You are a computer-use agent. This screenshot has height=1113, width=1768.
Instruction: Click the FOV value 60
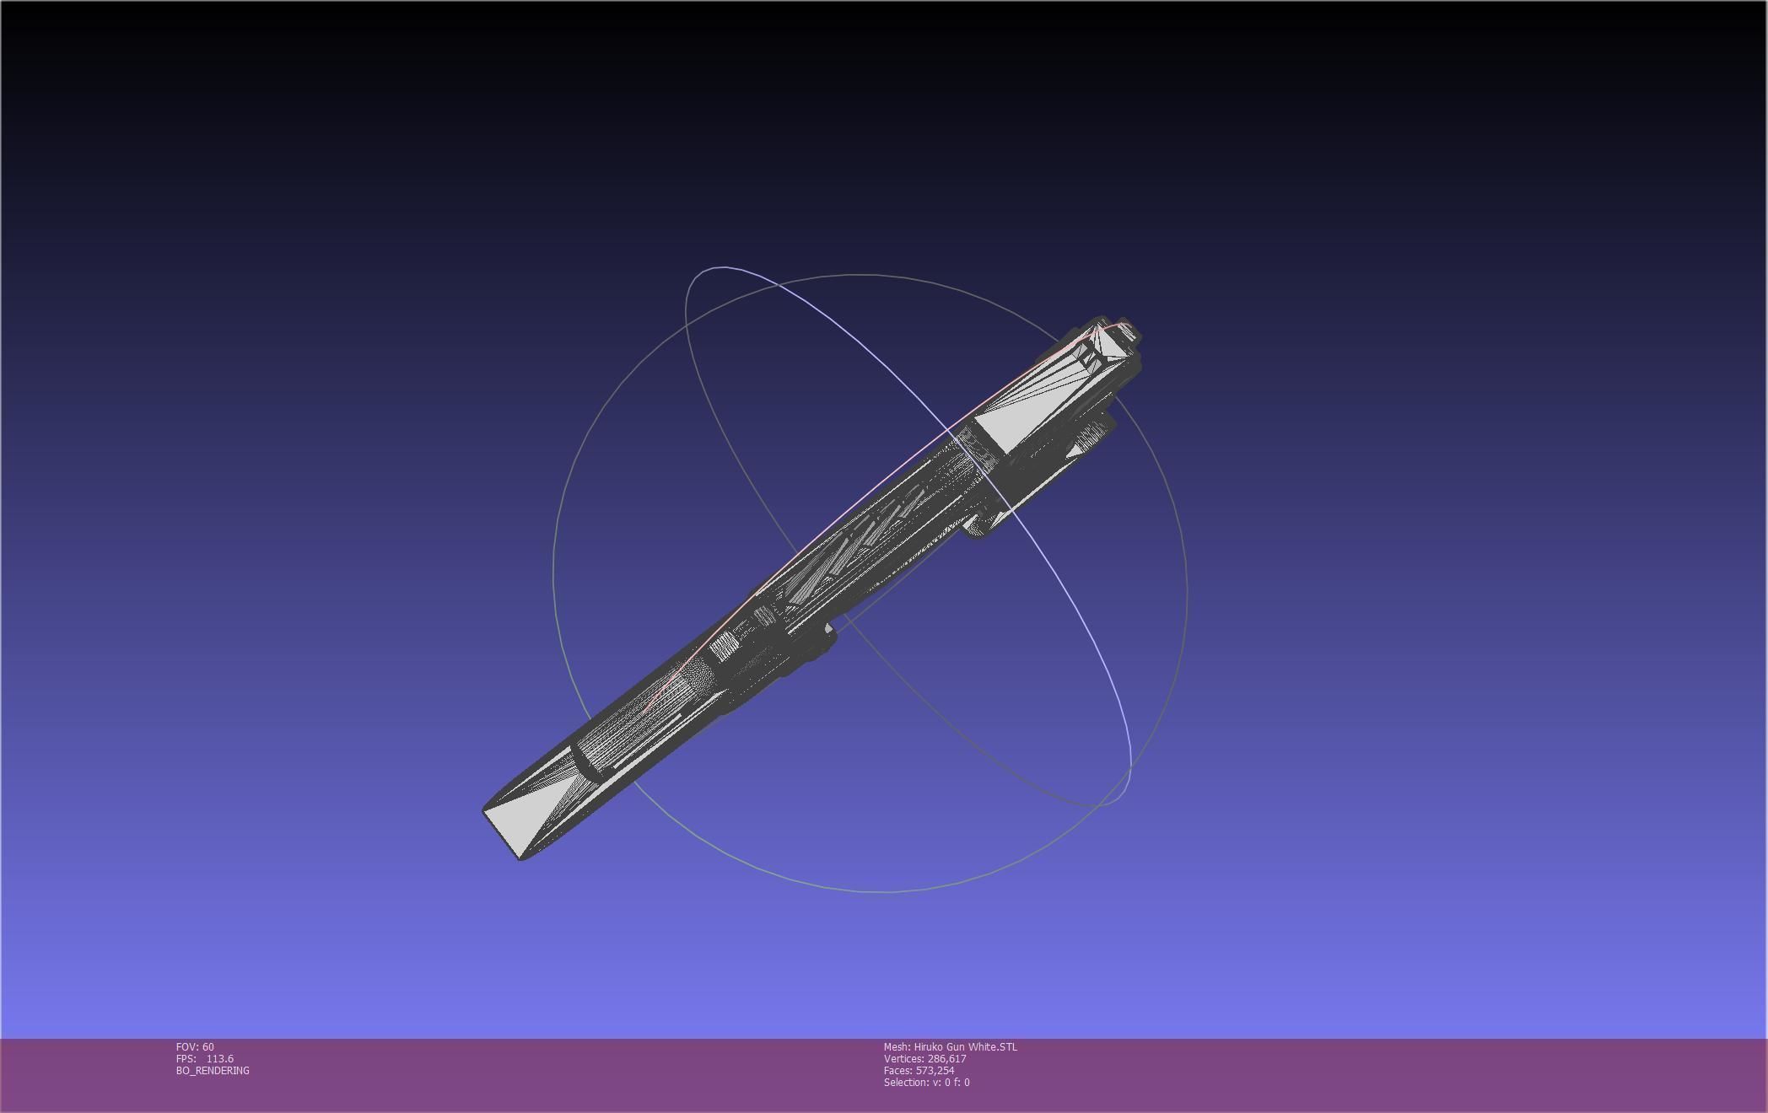[208, 1046]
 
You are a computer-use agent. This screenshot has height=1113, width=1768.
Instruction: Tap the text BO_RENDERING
[213, 1070]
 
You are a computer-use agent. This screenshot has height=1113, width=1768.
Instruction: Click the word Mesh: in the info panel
[897, 1046]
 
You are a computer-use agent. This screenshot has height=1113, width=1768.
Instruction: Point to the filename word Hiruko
[930, 1046]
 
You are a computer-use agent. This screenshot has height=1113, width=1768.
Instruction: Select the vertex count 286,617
[946, 1058]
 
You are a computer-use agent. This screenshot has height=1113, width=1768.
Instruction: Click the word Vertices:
[903, 1058]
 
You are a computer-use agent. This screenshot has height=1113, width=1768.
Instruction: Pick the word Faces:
[897, 1070]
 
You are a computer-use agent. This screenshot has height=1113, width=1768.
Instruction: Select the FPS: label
[186, 1058]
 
